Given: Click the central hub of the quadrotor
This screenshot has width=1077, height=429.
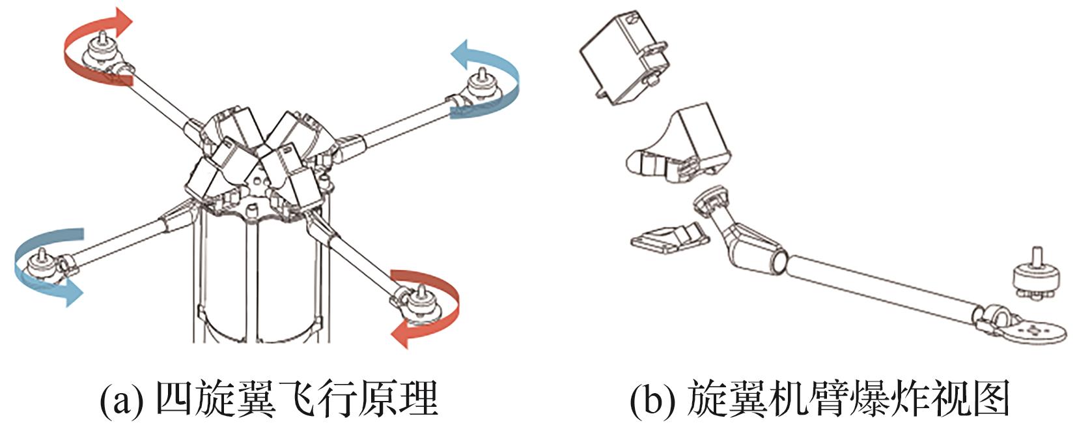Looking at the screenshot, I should click(x=260, y=163).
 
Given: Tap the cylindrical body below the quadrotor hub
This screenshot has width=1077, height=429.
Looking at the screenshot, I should click(x=260, y=280).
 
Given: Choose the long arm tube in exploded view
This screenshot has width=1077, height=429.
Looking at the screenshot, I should click(x=879, y=287).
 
